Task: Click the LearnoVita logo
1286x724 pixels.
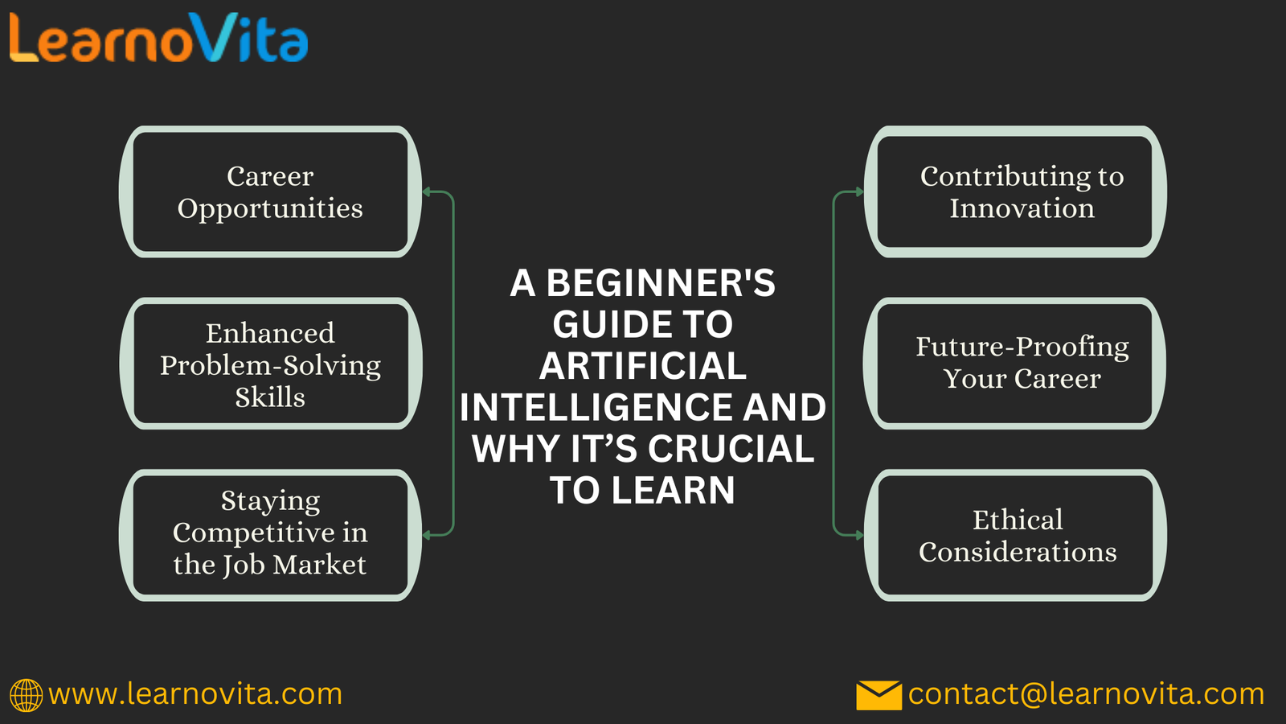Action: [x=158, y=37]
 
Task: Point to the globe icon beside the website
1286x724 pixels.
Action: [x=26, y=695]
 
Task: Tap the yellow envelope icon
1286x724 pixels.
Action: [x=879, y=695]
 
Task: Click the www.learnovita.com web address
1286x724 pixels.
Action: [x=195, y=694]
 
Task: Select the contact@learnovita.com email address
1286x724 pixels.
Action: [x=1086, y=694]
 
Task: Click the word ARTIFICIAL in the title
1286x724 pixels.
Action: [x=642, y=366]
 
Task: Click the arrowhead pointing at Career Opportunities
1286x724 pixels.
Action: [x=427, y=191]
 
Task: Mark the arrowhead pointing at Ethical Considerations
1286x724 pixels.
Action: [x=859, y=535]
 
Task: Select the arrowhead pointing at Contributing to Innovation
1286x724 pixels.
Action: [x=859, y=191]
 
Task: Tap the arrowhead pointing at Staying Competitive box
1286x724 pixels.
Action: [x=427, y=535]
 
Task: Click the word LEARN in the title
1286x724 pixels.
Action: [x=673, y=490]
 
